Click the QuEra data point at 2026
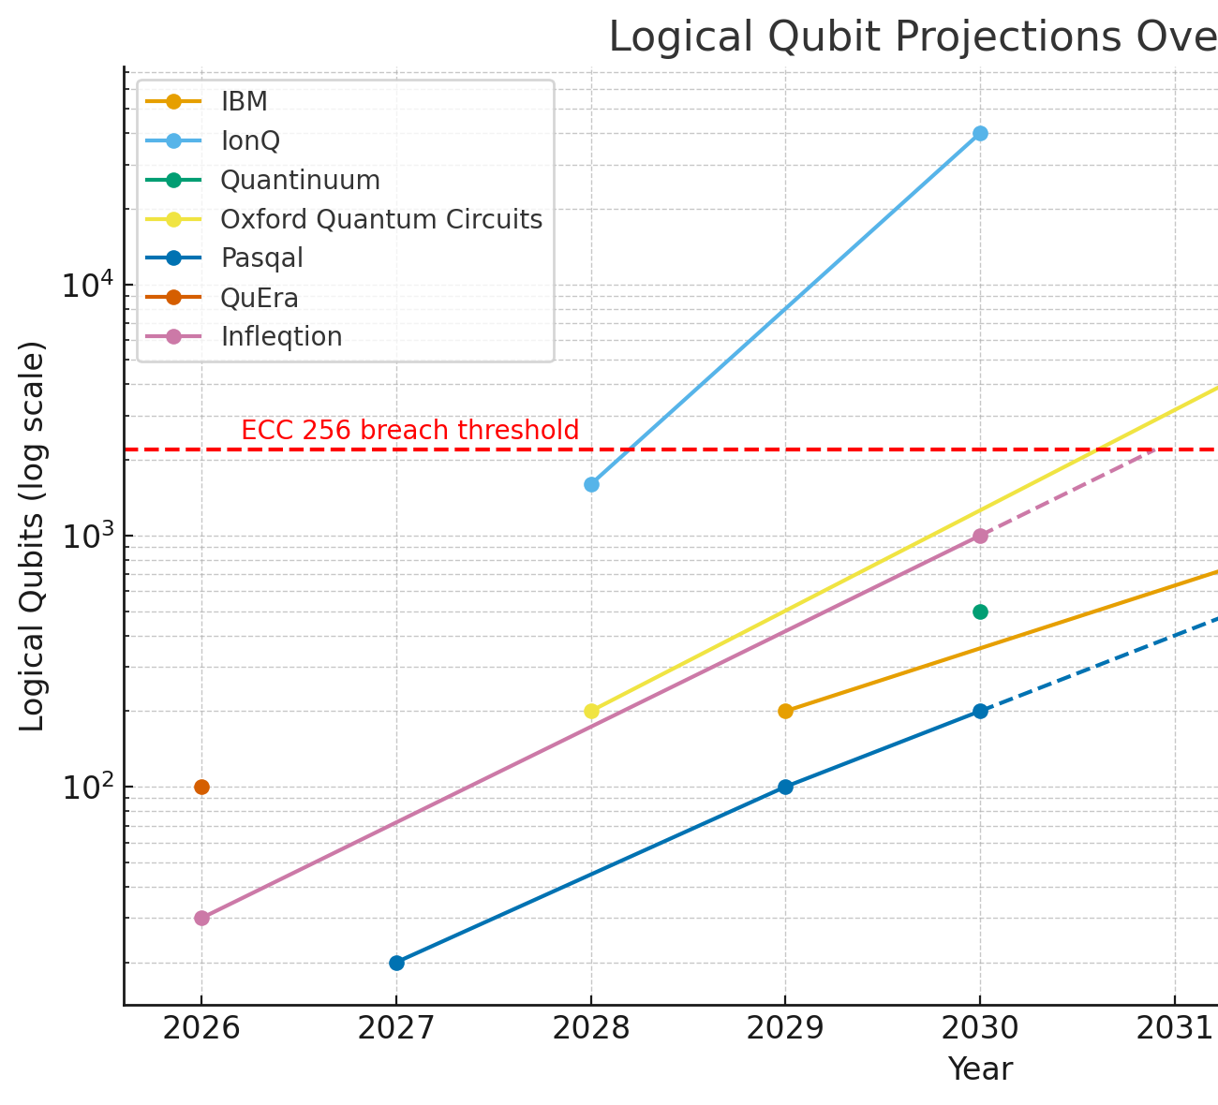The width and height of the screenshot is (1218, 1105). tap(201, 787)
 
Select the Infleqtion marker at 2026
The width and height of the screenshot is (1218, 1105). tap(201, 918)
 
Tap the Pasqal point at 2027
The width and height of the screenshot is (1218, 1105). tap(396, 963)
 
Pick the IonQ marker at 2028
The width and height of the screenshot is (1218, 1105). tap(591, 484)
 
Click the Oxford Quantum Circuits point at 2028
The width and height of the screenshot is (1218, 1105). tap(591, 711)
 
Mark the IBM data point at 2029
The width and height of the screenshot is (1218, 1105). tap(785, 711)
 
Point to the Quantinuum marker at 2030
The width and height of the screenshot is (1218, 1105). tap(980, 611)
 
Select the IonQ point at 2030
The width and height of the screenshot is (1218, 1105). tap(980, 133)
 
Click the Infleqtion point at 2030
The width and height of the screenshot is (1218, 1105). tap(980, 536)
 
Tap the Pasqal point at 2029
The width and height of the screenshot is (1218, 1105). tap(785, 787)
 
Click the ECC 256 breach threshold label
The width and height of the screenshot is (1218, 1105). tap(409, 431)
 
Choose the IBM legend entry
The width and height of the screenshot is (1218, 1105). tap(244, 101)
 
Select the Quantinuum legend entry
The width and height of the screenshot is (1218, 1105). tap(300, 180)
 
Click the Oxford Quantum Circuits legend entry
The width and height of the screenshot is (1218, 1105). tap(380, 219)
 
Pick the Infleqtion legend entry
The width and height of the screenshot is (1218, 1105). tap(281, 337)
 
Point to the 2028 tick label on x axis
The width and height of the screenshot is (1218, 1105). tap(591, 1029)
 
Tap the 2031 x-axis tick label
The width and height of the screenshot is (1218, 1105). tap(1175, 1029)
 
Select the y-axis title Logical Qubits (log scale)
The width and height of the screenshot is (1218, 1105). tap(33, 536)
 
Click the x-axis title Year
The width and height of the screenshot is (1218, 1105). tap(980, 1069)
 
